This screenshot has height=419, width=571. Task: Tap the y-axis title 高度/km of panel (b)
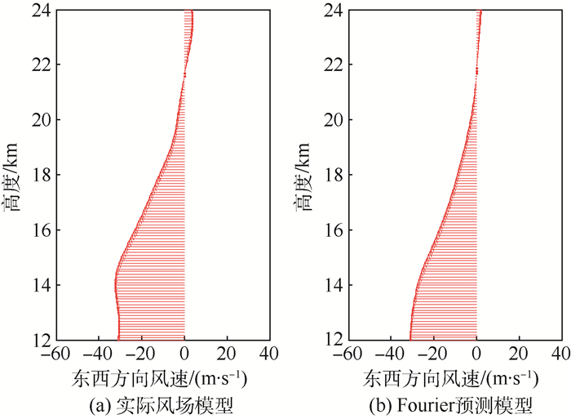click(x=306, y=176)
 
